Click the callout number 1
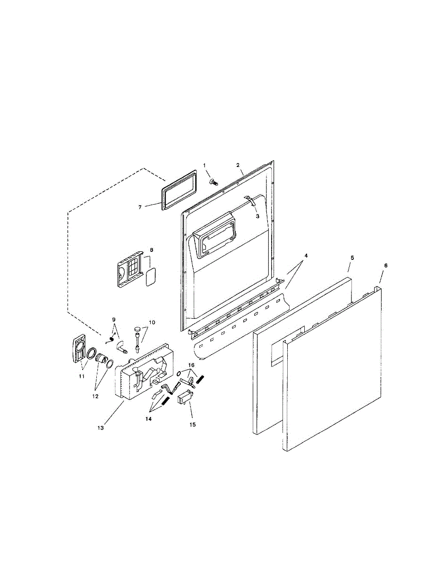coord(205,165)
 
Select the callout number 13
coord(100,428)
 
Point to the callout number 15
coord(192,424)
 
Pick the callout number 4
coord(306,255)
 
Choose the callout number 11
coord(81,376)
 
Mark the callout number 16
coord(191,365)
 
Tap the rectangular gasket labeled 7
coord(179,190)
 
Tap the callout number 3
coord(257,216)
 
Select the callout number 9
coord(113,319)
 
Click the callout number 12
coord(95,396)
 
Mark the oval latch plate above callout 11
coord(77,350)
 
